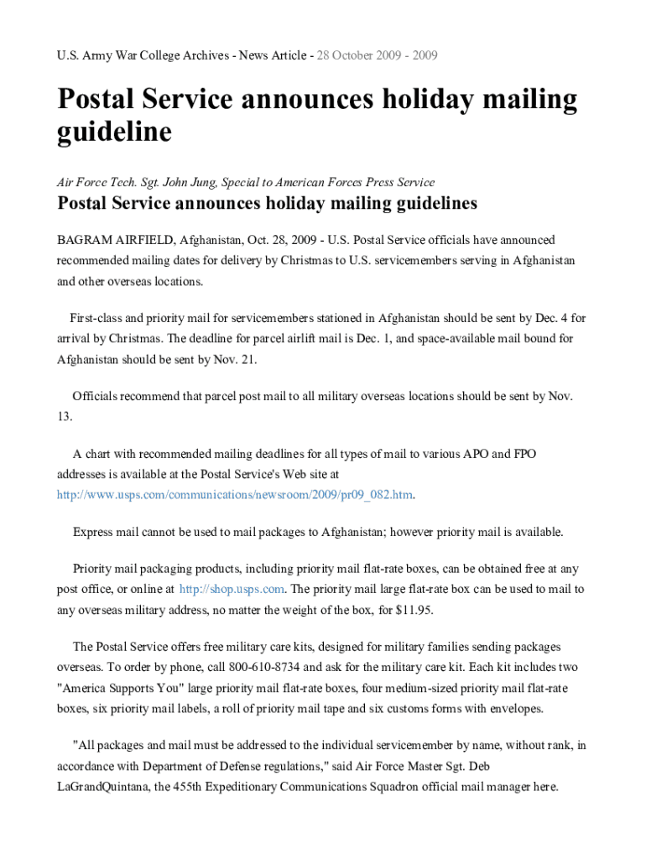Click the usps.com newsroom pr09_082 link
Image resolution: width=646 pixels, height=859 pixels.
235,495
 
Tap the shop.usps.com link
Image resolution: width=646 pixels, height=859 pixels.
232,589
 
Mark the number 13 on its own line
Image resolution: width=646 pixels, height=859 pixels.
65,417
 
